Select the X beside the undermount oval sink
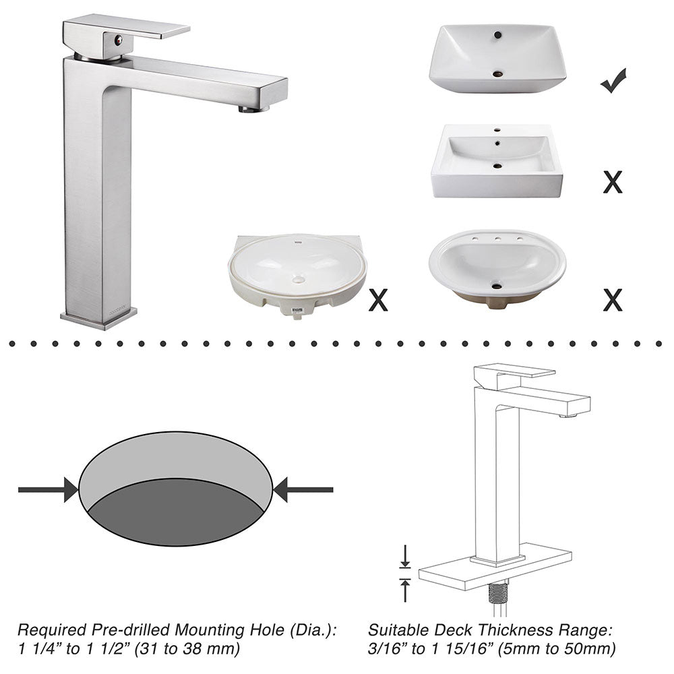tap(378, 300)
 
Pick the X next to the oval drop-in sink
tap(612, 300)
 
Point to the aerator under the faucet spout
tap(253, 108)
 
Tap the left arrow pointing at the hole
tap(48, 489)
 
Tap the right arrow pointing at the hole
tap(303, 489)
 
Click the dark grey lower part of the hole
tap(175, 516)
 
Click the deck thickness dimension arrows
tap(405, 573)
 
